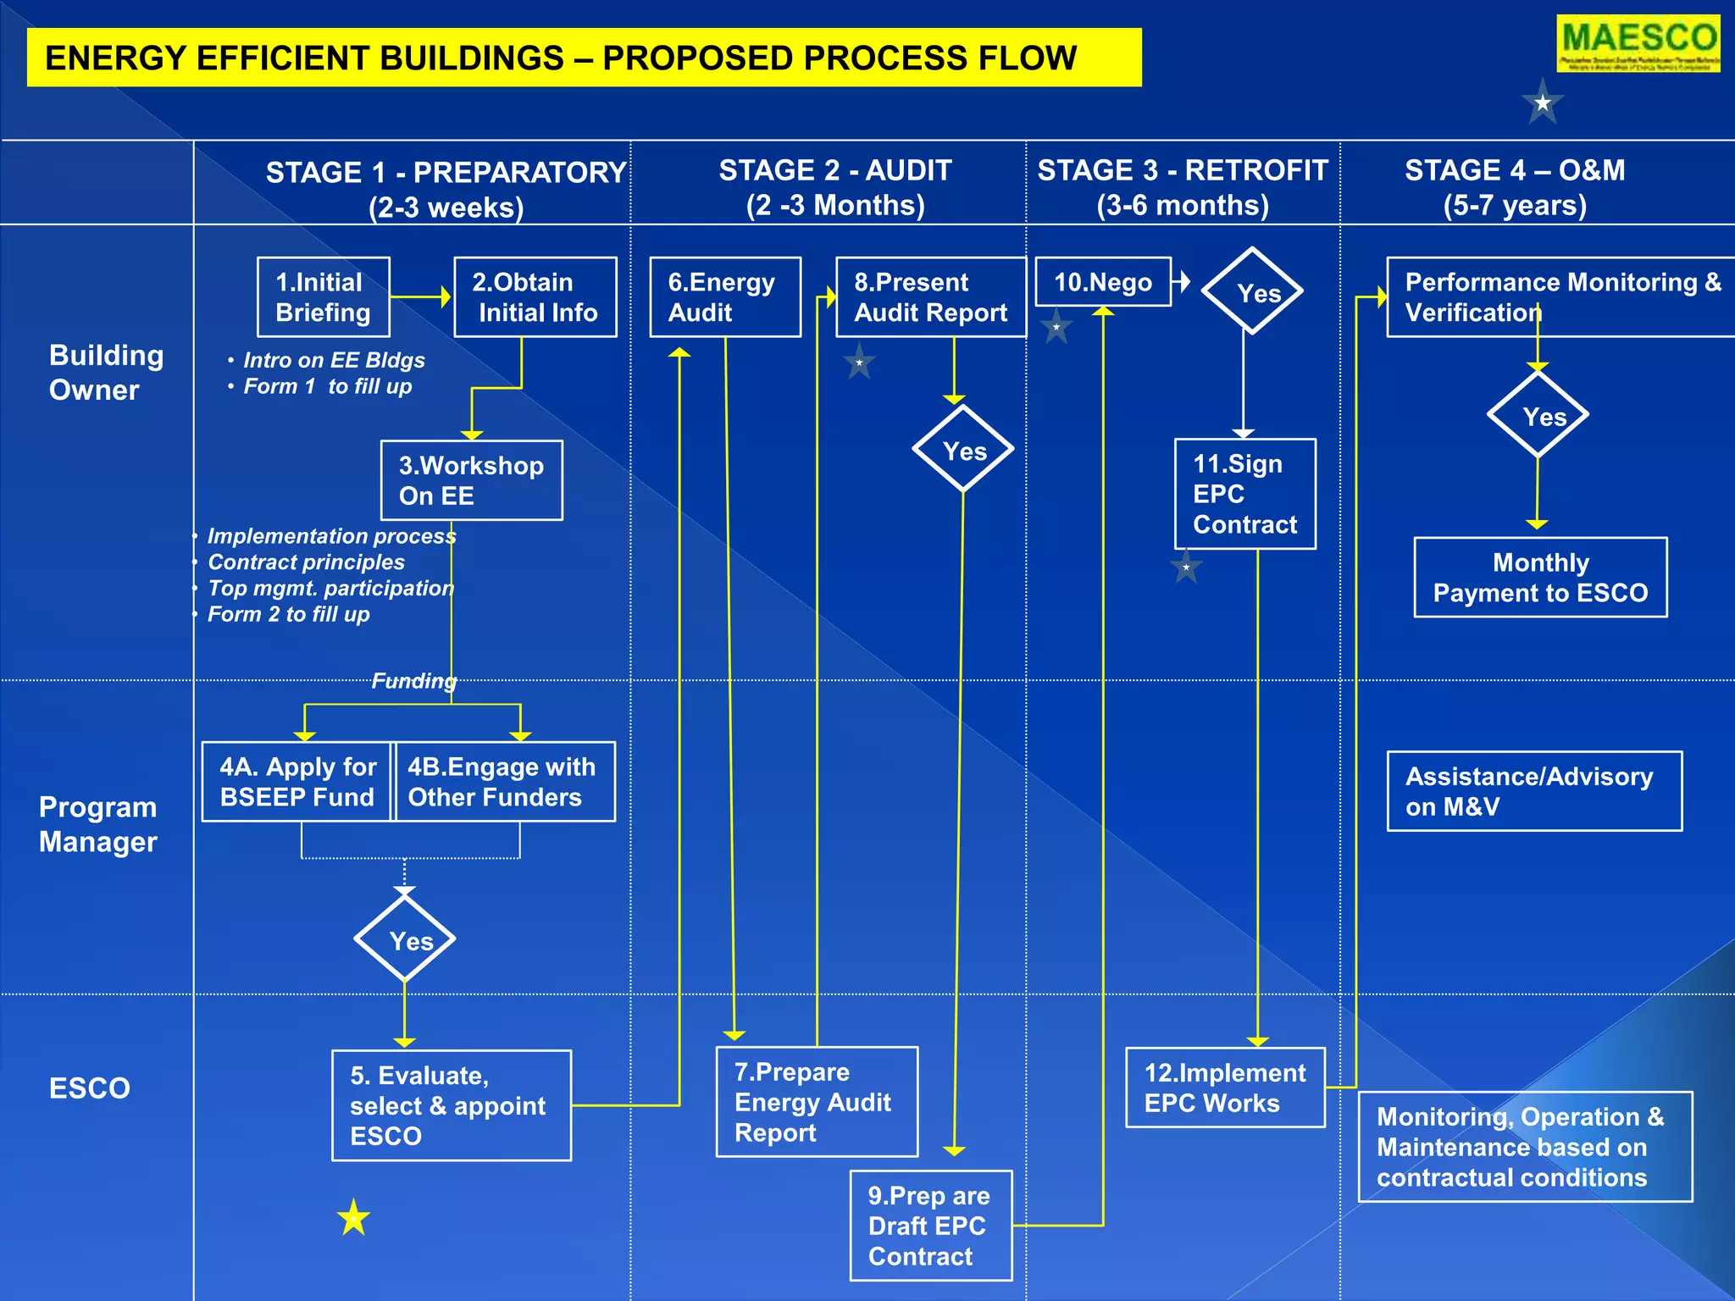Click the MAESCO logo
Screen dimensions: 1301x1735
pyautogui.click(x=1638, y=43)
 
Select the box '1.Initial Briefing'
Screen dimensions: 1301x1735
pyautogui.click(x=324, y=297)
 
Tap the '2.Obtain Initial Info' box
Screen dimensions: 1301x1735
pyautogui.click(x=535, y=297)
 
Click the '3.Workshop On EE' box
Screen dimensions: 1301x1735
pyautogui.click(x=472, y=480)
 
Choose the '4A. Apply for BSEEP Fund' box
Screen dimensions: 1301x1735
pyautogui.click(x=297, y=782)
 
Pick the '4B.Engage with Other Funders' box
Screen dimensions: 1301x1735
pyautogui.click(x=505, y=782)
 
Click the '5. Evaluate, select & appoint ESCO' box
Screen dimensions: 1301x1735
pyautogui.click(x=452, y=1105)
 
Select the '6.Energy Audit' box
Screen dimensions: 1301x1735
pyautogui.click(x=725, y=297)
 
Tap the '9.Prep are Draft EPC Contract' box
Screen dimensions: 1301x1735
pyautogui.click(x=931, y=1226)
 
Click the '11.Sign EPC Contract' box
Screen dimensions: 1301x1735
pyautogui.click(x=1245, y=494)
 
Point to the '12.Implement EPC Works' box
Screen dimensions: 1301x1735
pyautogui.click(x=1225, y=1088)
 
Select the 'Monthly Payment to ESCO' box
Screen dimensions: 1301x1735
pyautogui.click(x=1540, y=578)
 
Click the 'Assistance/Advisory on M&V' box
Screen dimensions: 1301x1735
pyautogui.click(x=1534, y=791)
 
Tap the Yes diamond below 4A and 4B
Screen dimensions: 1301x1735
pyautogui.click(x=405, y=939)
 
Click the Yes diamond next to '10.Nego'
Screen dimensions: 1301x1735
pyautogui.click(x=1252, y=291)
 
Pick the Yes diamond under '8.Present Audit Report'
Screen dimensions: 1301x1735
pyautogui.click(x=963, y=449)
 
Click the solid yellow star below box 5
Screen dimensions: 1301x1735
pyautogui.click(x=354, y=1218)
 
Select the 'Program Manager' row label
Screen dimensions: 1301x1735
pyautogui.click(x=98, y=824)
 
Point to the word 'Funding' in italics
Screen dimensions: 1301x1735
pyautogui.click(x=414, y=681)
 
